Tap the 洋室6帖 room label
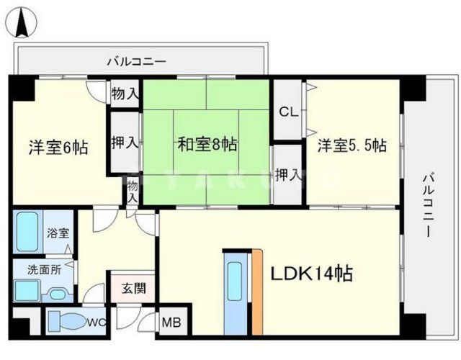point(58,148)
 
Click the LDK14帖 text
point(311,274)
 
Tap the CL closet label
point(288,112)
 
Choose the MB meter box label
point(171,323)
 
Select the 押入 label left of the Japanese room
point(124,142)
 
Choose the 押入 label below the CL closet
point(287,175)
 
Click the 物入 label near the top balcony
point(124,94)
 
